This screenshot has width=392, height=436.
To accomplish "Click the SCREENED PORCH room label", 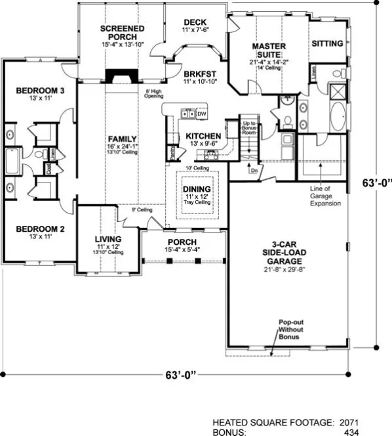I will pos(123,33).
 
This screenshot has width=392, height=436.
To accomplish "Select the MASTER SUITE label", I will pos(268,51).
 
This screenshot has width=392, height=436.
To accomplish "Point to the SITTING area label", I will pos(327,43).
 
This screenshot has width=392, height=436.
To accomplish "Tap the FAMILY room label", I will pos(123,139).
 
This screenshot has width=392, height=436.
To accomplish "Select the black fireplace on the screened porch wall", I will pos(120,76).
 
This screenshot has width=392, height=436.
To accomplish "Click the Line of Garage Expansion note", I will pos(326,195).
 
